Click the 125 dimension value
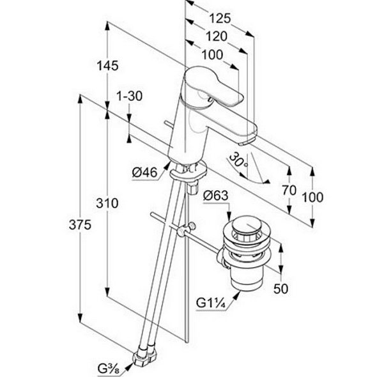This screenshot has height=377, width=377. (x=220, y=19)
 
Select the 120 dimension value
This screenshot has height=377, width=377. (x=217, y=36)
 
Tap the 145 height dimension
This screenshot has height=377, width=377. (x=107, y=65)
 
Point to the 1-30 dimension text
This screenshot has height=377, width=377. (x=129, y=96)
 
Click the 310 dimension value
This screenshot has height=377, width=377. (x=107, y=203)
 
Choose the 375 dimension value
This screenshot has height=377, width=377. (x=80, y=225)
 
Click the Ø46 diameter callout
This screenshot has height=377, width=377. (x=145, y=173)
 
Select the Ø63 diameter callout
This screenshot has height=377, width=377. (x=215, y=196)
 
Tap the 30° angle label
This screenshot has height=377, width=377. (x=238, y=160)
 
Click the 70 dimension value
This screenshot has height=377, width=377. (x=289, y=190)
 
